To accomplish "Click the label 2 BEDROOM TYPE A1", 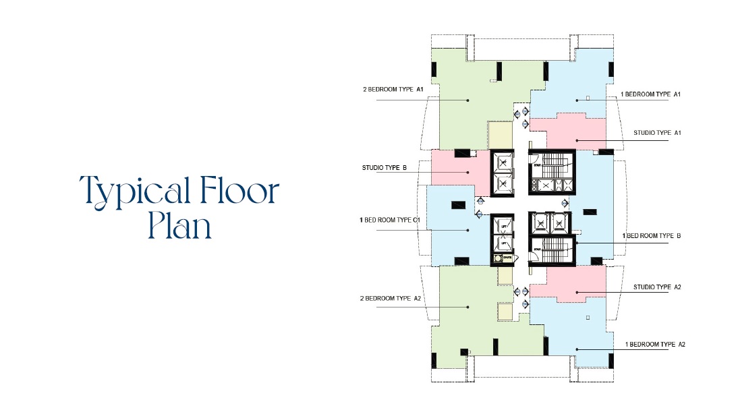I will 393,89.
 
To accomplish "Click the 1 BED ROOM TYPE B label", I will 652,236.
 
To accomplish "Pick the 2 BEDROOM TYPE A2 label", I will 393,298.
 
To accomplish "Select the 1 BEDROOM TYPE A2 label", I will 655,344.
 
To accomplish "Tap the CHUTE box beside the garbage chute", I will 506,258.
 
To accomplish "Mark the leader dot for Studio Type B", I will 467,173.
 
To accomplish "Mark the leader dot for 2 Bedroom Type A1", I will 467,100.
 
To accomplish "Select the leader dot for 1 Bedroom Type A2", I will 577,349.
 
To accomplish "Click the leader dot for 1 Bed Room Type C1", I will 467,230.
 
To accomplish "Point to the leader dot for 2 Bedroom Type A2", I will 467,306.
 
